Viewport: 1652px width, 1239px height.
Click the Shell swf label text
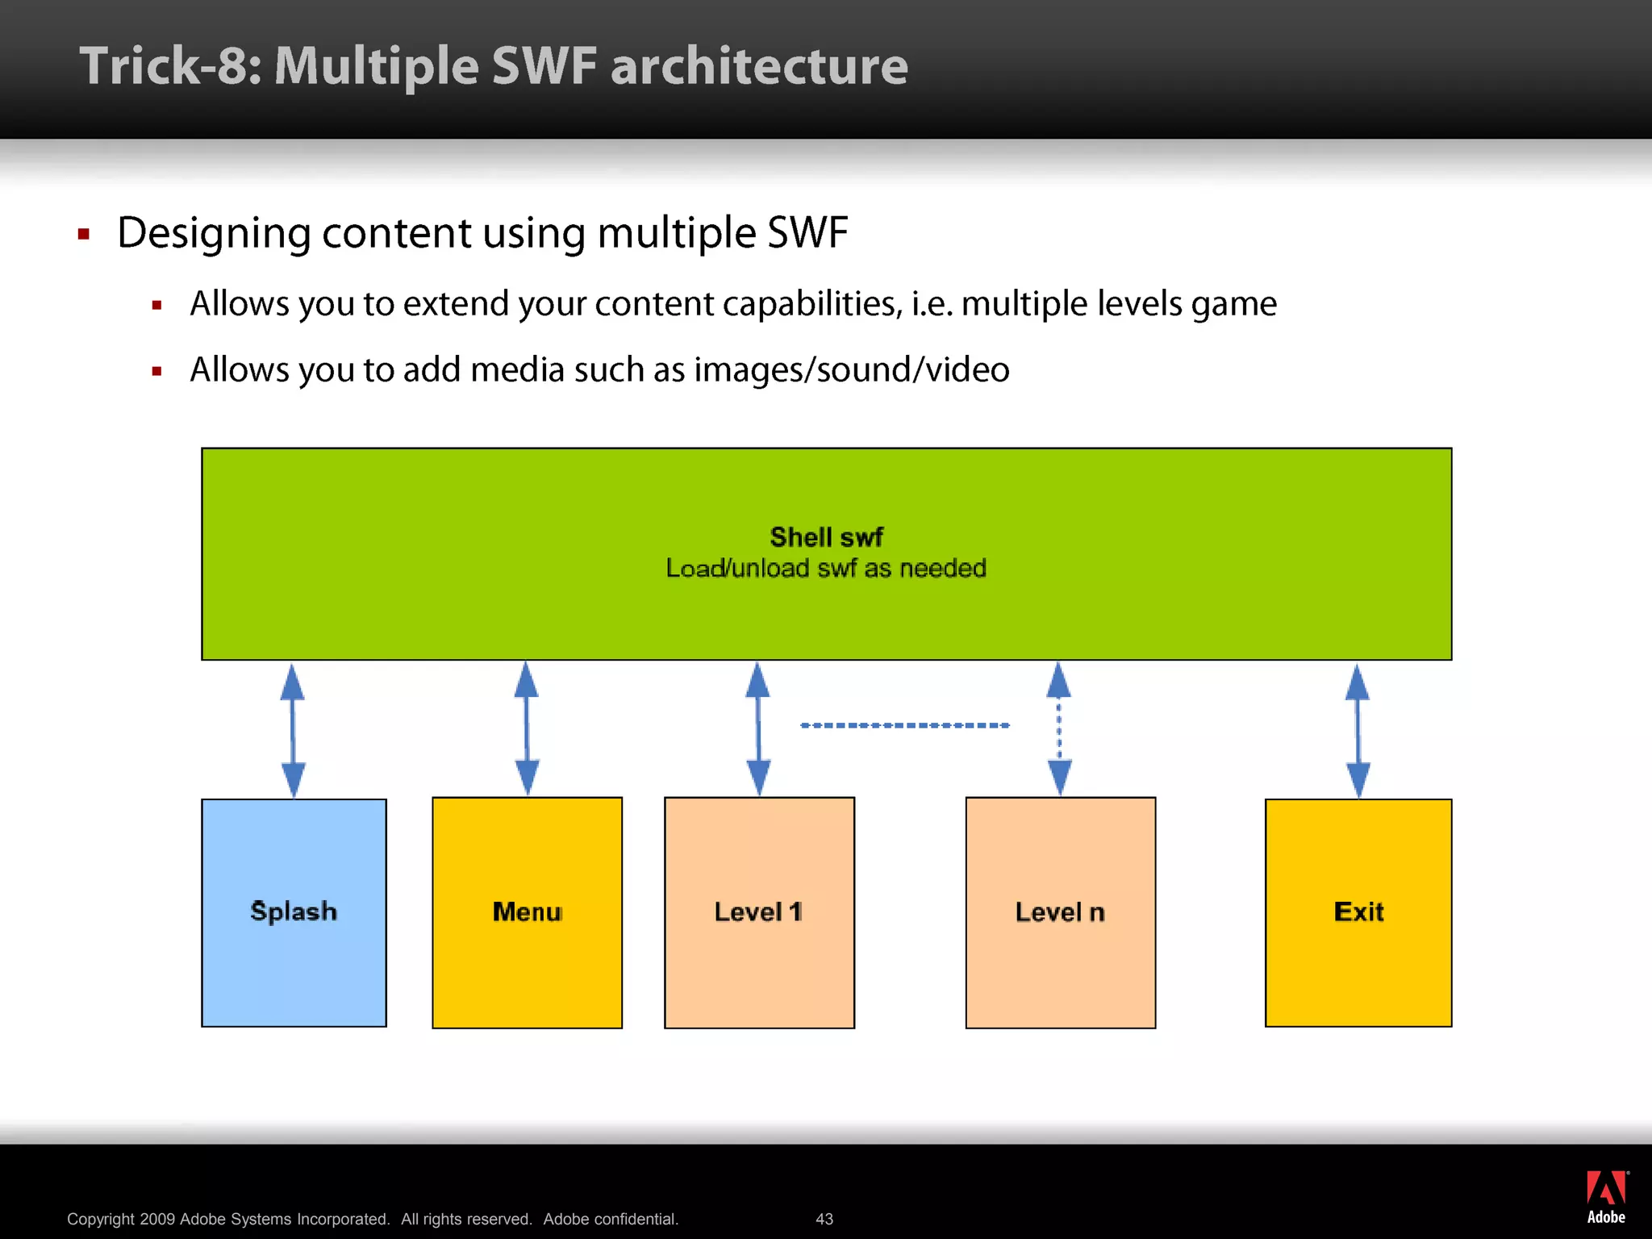[826, 537]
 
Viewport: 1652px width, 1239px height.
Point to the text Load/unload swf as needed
[826, 569]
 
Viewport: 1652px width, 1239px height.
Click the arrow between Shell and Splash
[293, 730]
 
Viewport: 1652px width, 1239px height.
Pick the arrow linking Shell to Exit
[1358, 730]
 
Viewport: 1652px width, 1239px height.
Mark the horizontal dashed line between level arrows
[904, 725]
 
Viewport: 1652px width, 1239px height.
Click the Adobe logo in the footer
[1606, 1196]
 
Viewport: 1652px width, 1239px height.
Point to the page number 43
[824, 1219]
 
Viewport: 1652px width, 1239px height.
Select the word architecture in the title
[759, 66]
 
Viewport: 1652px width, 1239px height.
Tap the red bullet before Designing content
[84, 235]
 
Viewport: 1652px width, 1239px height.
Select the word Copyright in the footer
[101, 1219]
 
